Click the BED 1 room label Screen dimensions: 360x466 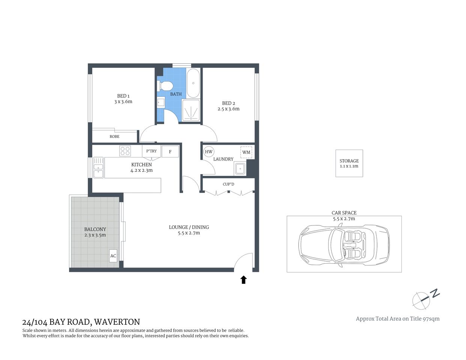click(123, 96)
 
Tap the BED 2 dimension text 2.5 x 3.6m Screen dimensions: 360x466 click(228, 109)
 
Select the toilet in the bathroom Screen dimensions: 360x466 click(165, 85)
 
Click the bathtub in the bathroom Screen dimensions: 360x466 click(193, 83)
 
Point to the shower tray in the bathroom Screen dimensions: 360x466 click(191, 111)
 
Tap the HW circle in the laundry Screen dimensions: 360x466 click(209, 152)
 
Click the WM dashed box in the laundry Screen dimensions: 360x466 click(246, 152)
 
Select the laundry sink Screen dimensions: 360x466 click(239, 169)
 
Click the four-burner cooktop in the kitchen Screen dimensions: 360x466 click(125, 151)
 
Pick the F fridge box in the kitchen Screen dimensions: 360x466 click(170, 152)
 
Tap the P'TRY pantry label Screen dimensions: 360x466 click(152, 151)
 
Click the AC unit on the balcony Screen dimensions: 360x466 click(113, 256)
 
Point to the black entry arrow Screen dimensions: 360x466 click(244, 279)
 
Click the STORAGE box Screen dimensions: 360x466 click(349, 163)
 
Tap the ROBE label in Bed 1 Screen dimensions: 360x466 click(114, 136)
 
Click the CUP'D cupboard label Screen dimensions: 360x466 click(228, 184)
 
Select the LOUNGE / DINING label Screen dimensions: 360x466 click(189, 227)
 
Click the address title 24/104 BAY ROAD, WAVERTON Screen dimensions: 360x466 click(81, 322)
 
